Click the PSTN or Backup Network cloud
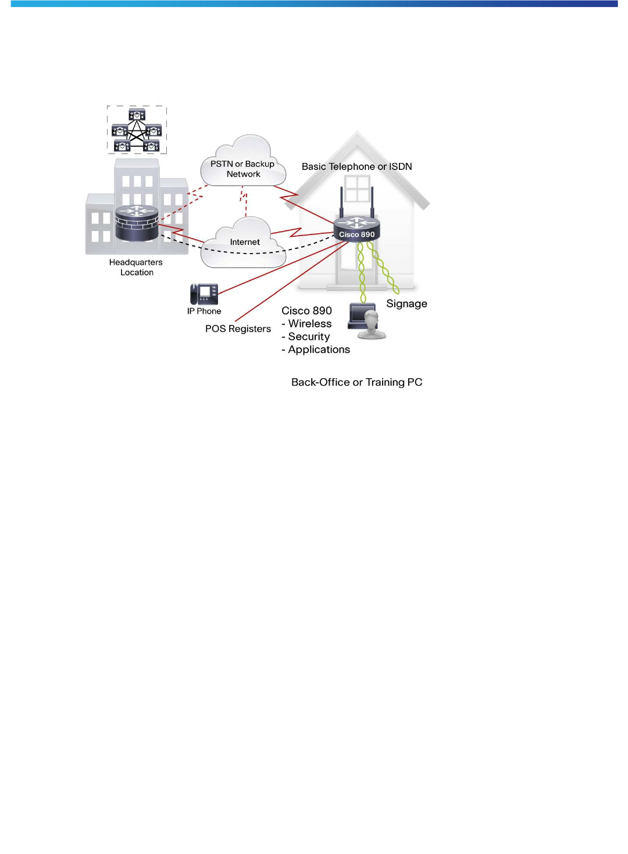point(244,163)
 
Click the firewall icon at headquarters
point(137,223)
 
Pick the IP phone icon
point(204,294)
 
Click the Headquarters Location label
point(136,267)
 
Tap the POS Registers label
point(238,329)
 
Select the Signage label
point(406,304)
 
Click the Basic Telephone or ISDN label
point(356,166)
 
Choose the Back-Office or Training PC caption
point(356,382)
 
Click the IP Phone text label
point(204,311)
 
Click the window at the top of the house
point(357,188)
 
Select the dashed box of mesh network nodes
point(137,130)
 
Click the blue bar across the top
point(314,3)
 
